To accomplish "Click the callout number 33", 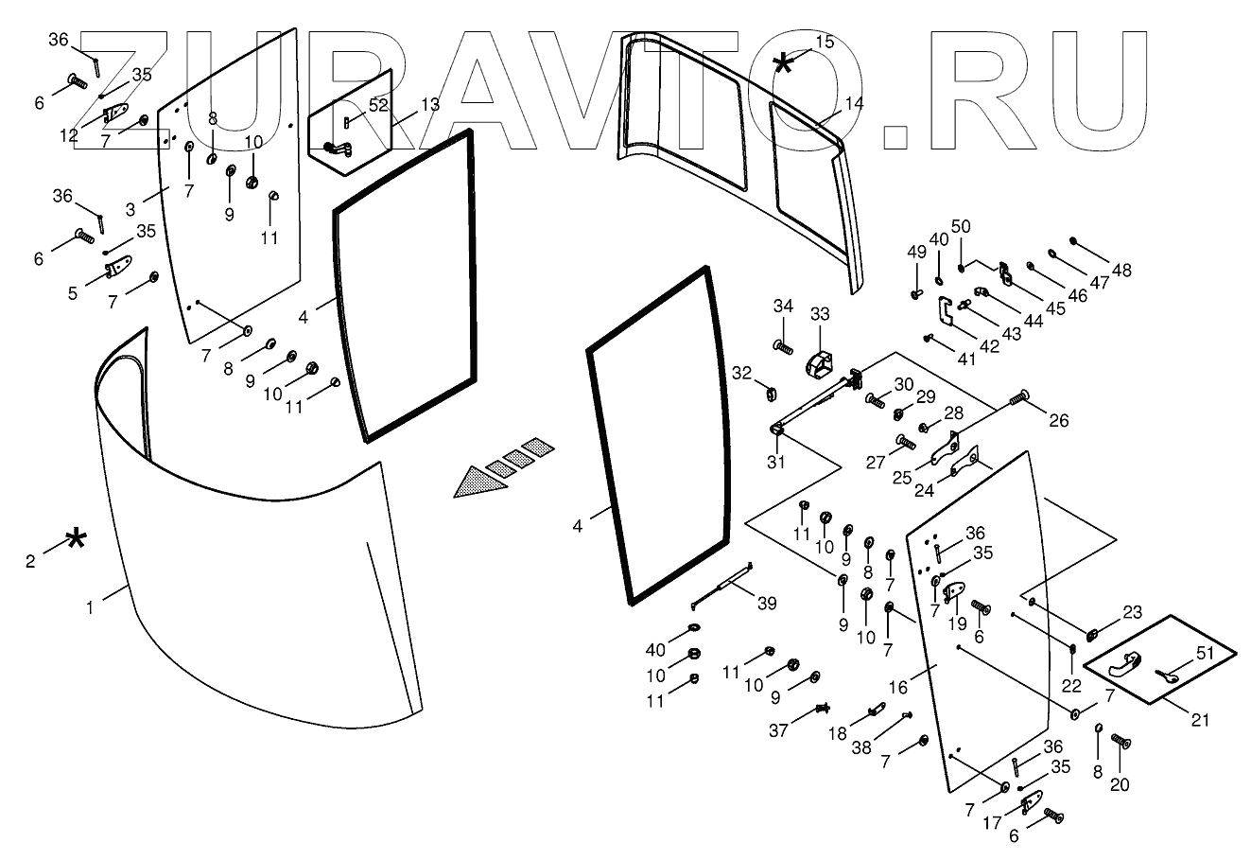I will pyautogui.click(x=819, y=314).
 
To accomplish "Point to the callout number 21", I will pyautogui.click(x=1200, y=721).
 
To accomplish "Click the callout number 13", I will pyautogui.click(x=430, y=104).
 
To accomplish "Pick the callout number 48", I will pyautogui.click(x=1121, y=270).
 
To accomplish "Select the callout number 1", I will pyautogui.click(x=91, y=608).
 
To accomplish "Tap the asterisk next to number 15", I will pyautogui.click(x=784, y=63).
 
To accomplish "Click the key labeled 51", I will pyautogui.click(x=1167, y=675).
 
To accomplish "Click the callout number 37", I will pyautogui.click(x=778, y=729).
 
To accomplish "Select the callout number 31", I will pyautogui.click(x=776, y=462).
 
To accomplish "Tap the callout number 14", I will pyautogui.click(x=855, y=104).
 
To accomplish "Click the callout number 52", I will pyautogui.click(x=379, y=105).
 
